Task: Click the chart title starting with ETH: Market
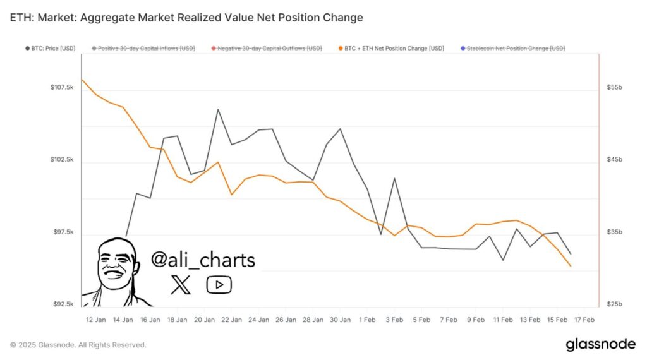click(x=186, y=18)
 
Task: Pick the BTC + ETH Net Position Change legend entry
click(x=392, y=48)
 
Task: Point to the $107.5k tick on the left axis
click(x=62, y=87)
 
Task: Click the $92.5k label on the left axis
click(x=63, y=304)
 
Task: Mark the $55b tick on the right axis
click(x=614, y=87)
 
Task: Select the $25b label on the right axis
click(x=614, y=304)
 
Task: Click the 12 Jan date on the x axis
click(x=95, y=320)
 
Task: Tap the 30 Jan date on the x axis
click(x=341, y=320)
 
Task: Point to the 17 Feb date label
click(x=584, y=320)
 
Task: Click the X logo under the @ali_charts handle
click(x=181, y=284)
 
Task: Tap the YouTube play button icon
click(x=219, y=284)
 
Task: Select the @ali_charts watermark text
click(x=203, y=260)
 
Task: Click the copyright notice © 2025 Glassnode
click(x=78, y=345)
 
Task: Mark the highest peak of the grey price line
click(x=218, y=109)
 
